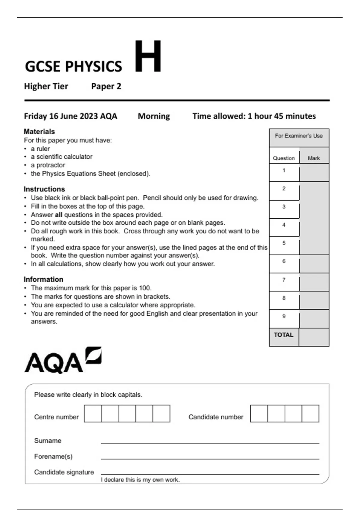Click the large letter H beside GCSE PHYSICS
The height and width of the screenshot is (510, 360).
click(x=148, y=56)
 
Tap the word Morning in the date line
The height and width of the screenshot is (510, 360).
click(x=154, y=116)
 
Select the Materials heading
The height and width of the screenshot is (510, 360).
click(x=39, y=131)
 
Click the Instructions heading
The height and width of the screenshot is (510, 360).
click(x=44, y=189)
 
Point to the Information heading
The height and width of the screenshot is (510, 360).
click(x=43, y=279)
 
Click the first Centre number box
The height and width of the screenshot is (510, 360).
click(x=93, y=413)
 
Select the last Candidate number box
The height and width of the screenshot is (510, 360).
click(x=310, y=413)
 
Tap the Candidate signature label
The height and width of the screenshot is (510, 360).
click(x=64, y=472)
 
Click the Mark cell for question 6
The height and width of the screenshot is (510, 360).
click(x=314, y=264)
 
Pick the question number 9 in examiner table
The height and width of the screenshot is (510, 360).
click(x=284, y=316)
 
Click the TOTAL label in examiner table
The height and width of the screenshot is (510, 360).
click(x=283, y=335)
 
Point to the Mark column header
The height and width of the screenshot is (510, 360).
click(x=314, y=158)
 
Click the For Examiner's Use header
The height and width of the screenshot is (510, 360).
click(x=299, y=136)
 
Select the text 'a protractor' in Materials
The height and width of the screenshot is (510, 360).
click(x=48, y=165)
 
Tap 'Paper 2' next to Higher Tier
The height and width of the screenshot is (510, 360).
click(x=106, y=86)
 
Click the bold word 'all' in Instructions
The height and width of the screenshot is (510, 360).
click(x=58, y=215)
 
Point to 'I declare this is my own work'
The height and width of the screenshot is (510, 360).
click(x=140, y=480)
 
